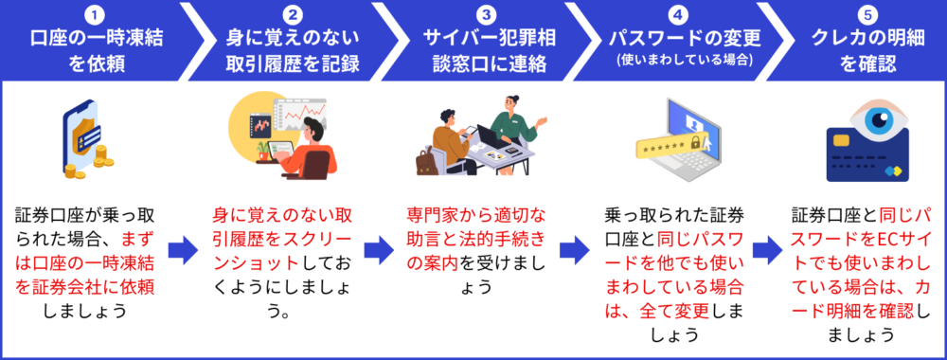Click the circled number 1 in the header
[x=96, y=13]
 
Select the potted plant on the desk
[x=262, y=151]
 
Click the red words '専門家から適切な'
[x=476, y=216]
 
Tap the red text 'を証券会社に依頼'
[x=86, y=287]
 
